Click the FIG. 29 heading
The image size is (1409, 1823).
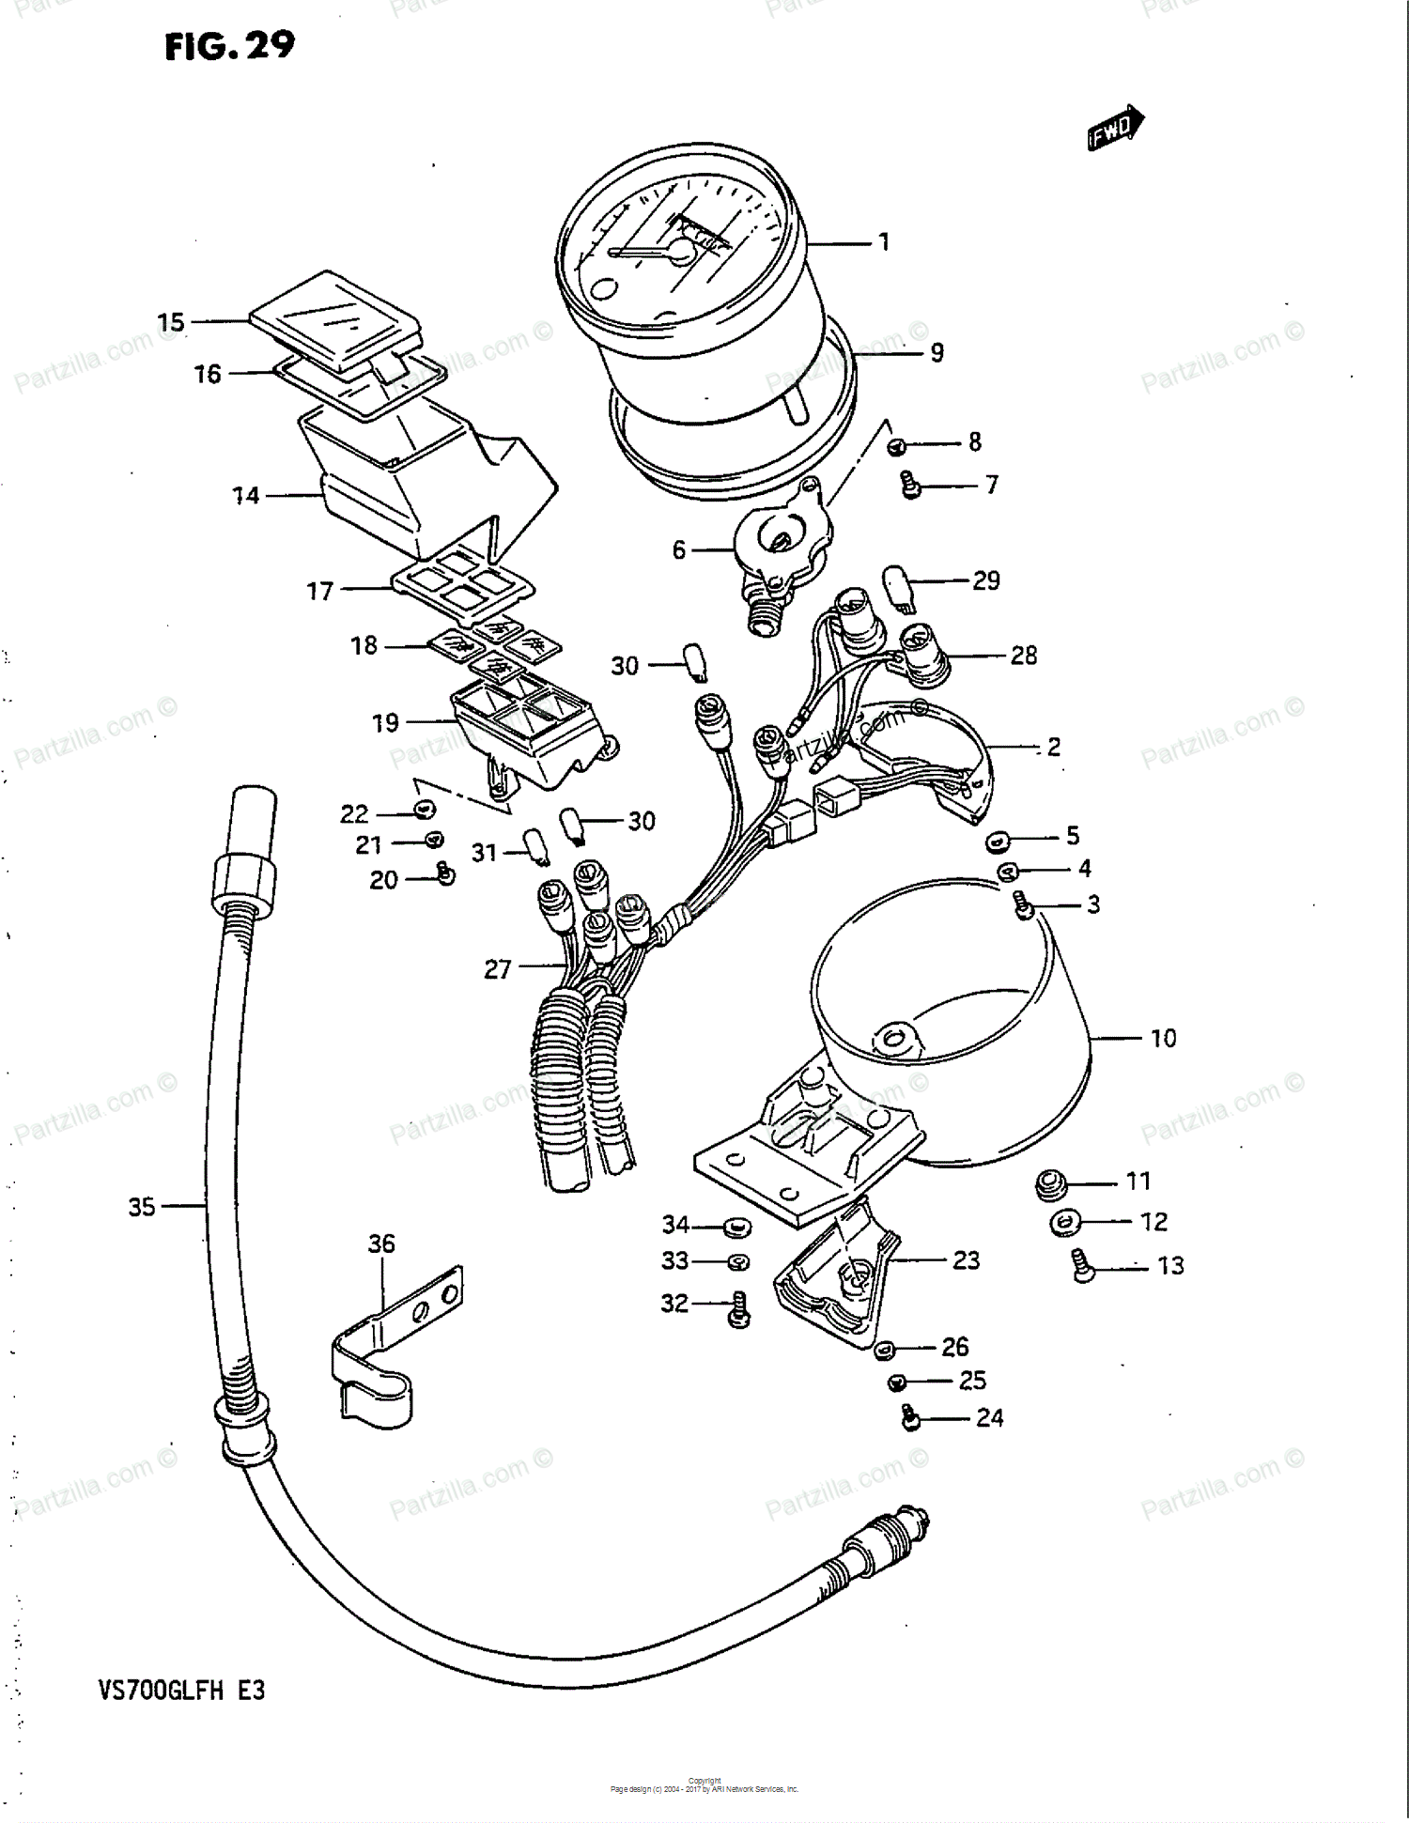coord(229,45)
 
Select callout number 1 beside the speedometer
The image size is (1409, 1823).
coord(884,242)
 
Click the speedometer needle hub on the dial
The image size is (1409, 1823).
coord(681,251)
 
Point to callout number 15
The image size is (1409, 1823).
coord(171,322)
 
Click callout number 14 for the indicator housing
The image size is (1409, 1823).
coord(245,495)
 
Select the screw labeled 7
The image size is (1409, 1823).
coord(910,485)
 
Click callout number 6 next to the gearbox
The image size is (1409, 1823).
coord(678,549)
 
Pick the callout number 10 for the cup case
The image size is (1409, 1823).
coord(1163,1038)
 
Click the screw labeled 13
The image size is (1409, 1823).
coord(1083,1266)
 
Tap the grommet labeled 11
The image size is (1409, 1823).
coord(1050,1184)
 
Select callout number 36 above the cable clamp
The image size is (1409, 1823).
coord(381,1244)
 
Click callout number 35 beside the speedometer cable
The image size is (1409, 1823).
coord(142,1207)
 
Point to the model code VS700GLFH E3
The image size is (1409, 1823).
coord(182,1691)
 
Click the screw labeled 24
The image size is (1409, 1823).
coord(909,1417)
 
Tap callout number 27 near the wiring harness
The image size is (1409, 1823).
coord(497,968)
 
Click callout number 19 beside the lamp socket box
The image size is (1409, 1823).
coord(385,722)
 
